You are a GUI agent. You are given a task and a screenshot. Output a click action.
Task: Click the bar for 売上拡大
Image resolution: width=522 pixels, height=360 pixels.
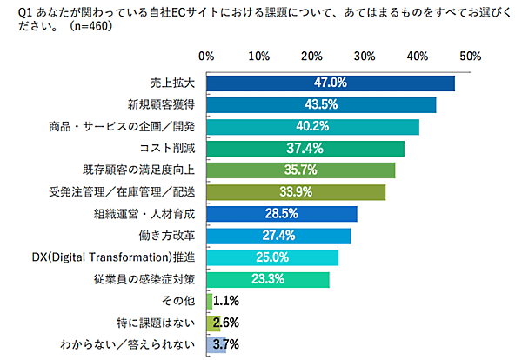331,83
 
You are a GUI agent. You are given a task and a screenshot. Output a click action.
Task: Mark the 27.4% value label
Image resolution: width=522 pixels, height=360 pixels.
278,236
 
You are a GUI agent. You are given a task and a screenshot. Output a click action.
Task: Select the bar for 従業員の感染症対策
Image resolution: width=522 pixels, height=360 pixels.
268,279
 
